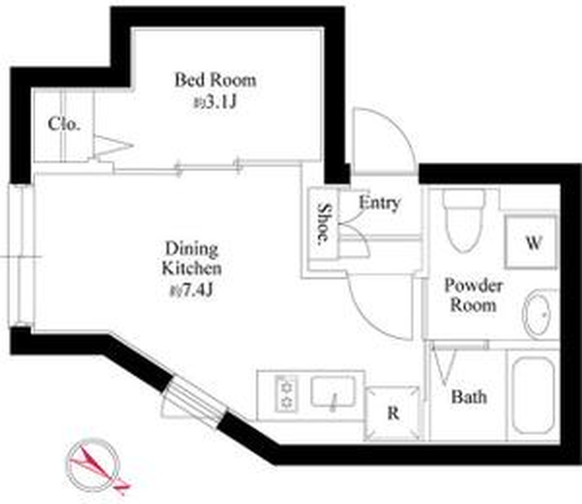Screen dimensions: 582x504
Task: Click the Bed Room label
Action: click(215, 79)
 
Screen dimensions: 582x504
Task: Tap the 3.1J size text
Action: click(215, 101)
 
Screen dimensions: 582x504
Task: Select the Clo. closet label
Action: click(64, 124)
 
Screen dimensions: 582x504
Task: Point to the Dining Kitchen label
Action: click(191, 258)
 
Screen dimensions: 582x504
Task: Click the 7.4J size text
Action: click(191, 289)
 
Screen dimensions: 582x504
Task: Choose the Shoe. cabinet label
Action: click(324, 224)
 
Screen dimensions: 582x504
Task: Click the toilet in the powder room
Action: click(464, 220)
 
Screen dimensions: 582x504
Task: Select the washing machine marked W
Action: click(531, 242)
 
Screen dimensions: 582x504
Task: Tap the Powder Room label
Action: click(473, 295)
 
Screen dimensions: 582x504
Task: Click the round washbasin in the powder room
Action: click(537, 314)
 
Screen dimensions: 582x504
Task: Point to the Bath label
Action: click(469, 397)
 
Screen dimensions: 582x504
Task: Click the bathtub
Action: click(533, 395)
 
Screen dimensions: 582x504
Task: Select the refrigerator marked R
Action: click(393, 413)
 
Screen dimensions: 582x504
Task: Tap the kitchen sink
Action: click(332, 392)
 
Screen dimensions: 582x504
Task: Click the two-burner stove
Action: click(286, 394)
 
